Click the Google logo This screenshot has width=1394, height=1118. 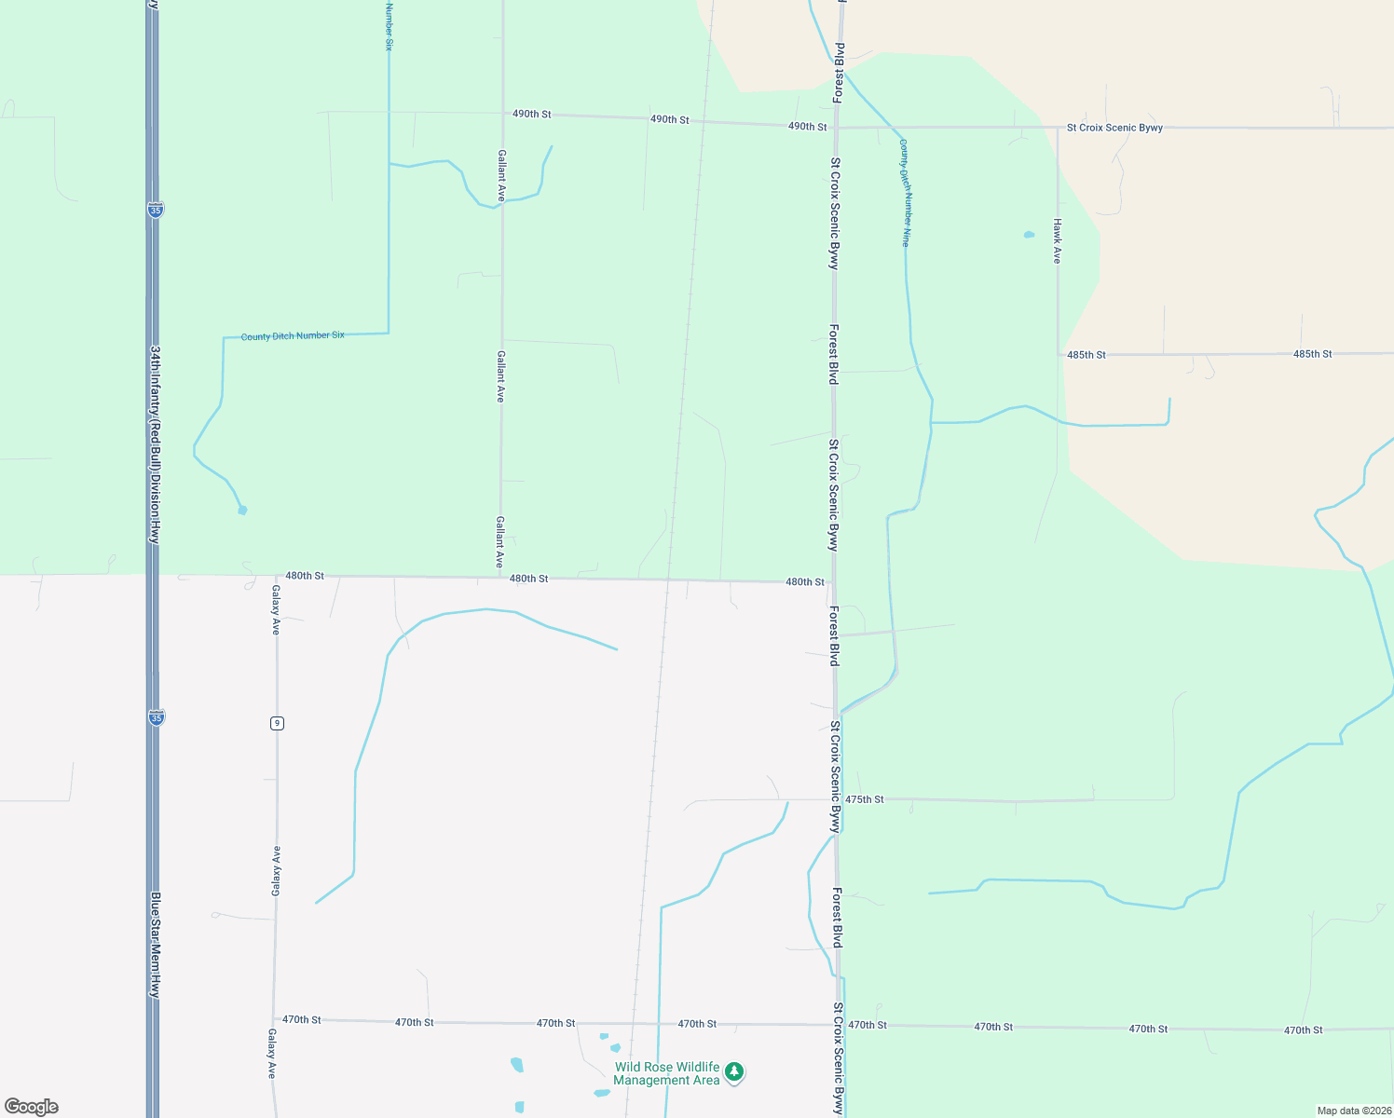[32, 1107]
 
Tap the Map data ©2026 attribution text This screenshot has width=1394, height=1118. [1353, 1111]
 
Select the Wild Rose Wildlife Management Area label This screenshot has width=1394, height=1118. [666, 1073]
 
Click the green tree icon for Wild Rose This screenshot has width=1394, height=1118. [734, 1072]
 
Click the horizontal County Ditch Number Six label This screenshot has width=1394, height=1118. [293, 335]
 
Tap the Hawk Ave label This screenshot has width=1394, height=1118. [1057, 241]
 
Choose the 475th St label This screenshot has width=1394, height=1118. [865, 799]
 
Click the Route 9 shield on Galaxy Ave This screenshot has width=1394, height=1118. [277, 723]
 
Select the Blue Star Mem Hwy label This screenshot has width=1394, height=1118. [156, 945]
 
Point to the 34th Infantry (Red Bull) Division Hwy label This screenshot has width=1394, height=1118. [156, 444]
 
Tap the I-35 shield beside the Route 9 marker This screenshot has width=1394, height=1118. [156, 717]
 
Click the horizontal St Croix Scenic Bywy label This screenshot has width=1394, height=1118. [1114, 128]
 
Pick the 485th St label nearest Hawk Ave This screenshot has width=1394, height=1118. [1086, 355]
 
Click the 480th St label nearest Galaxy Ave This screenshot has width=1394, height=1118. [305, 576]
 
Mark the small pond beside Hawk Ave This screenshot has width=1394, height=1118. [1029, 235]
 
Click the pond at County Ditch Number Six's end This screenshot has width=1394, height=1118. [242, 510]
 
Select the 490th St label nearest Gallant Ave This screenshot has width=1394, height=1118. [531, 114]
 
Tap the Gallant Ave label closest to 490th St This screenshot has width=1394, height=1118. [501, 175]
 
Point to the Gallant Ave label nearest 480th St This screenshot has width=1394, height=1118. [499, 542]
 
